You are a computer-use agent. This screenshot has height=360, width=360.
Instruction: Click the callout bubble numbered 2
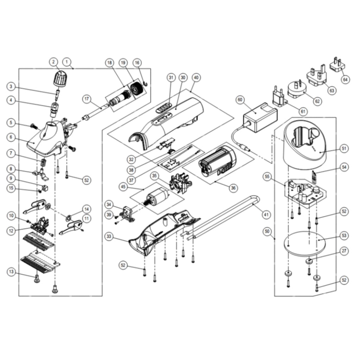coord(53,62)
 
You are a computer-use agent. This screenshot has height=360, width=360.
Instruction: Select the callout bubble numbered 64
coord(346,79)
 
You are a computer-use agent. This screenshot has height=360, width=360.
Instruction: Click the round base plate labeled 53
coord(304,244)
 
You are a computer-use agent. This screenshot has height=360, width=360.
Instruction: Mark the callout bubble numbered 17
coord(87,99)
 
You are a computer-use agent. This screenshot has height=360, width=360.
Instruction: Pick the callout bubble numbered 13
coord(12,272)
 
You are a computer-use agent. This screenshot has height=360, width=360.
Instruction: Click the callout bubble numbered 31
coord(171,77)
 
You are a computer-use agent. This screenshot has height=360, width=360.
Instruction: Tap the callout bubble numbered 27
coord(344,251)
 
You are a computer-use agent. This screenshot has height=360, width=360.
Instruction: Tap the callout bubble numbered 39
coord(109,214)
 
